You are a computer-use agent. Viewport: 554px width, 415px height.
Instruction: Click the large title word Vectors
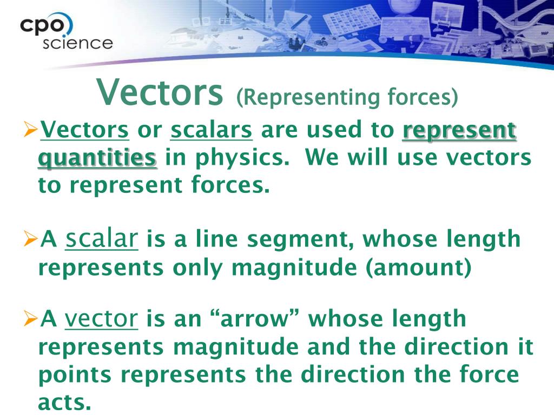click(160, 92)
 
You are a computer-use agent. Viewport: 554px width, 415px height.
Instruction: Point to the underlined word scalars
click(212, 130)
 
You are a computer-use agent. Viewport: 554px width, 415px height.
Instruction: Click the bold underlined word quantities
click(97, 158)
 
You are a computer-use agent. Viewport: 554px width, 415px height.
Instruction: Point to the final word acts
click(64, 402)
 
